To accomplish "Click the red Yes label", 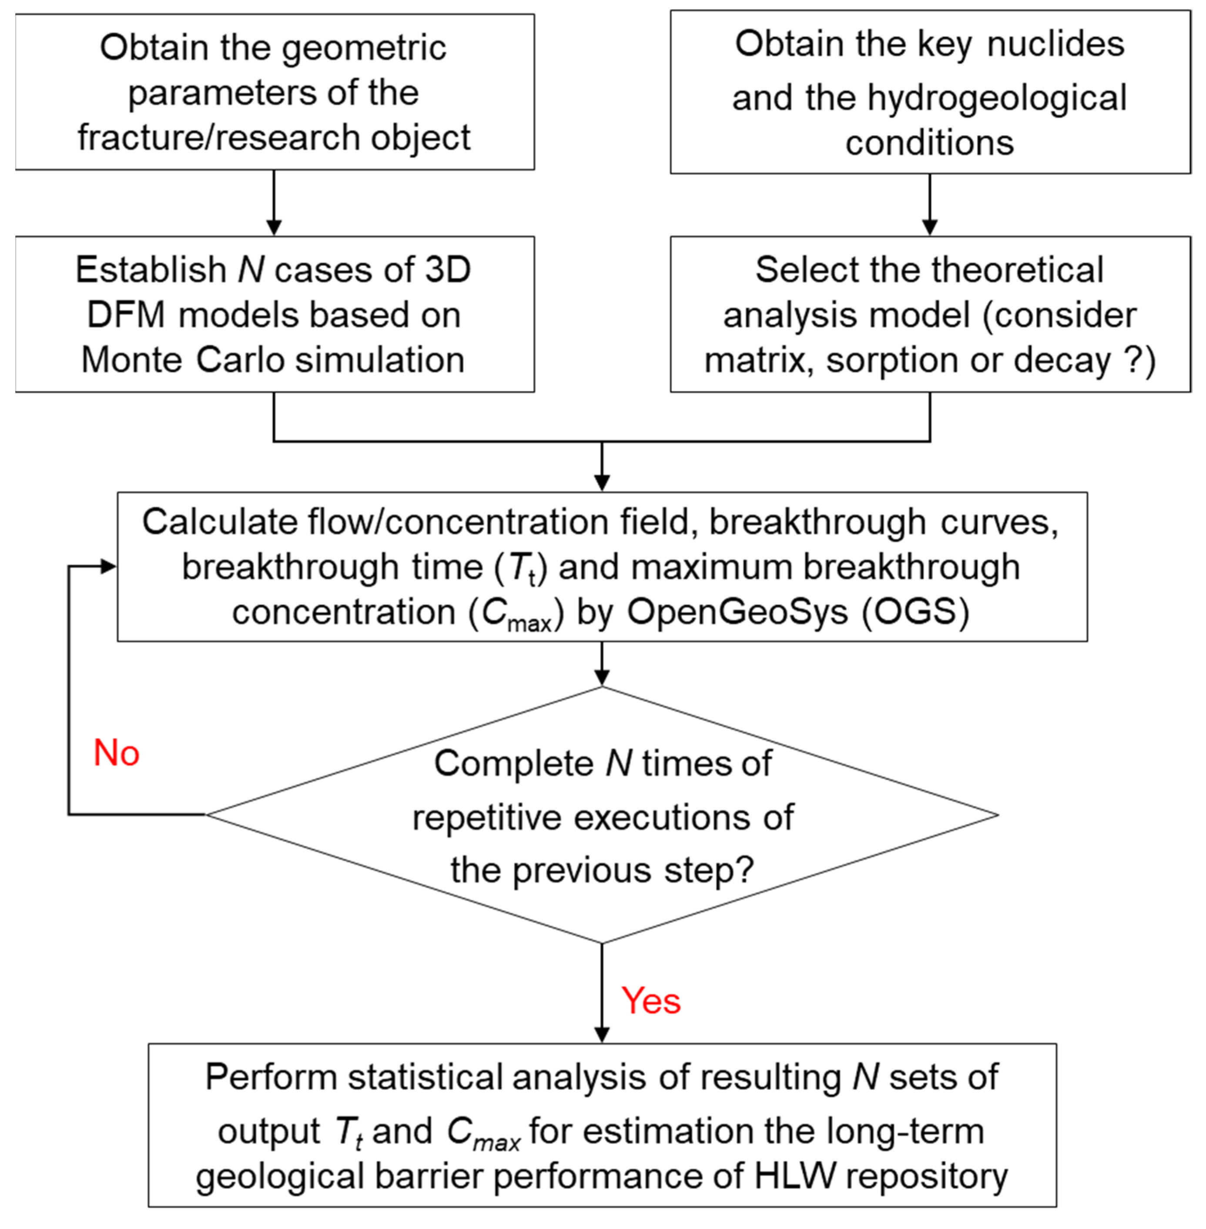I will [650, 1001].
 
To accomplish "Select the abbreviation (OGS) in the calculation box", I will [915, 612].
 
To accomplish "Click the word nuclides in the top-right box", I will [1055, 44].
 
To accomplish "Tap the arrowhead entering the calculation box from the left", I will [109, 567].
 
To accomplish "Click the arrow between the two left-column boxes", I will [274, 203].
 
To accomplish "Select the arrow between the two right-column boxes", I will [929, 204].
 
